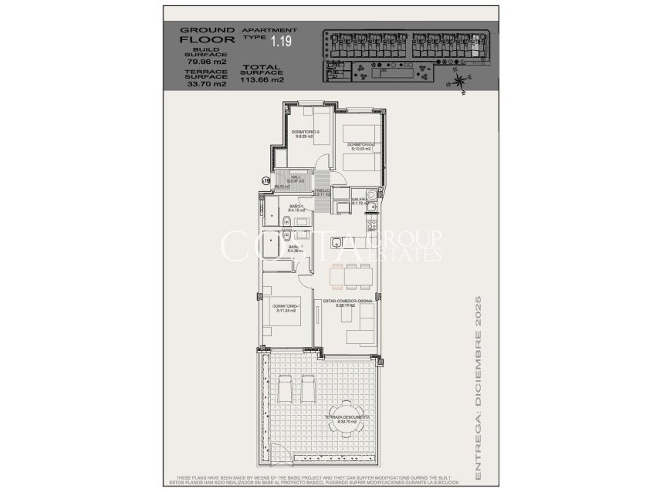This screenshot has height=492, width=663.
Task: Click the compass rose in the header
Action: pyautogui.click(x=460, y=78)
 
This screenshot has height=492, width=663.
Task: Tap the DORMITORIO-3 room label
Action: pyautogui.click(x=306, y=132)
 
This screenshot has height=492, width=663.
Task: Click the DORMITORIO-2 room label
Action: pyautogui.click(x=360, y=144)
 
